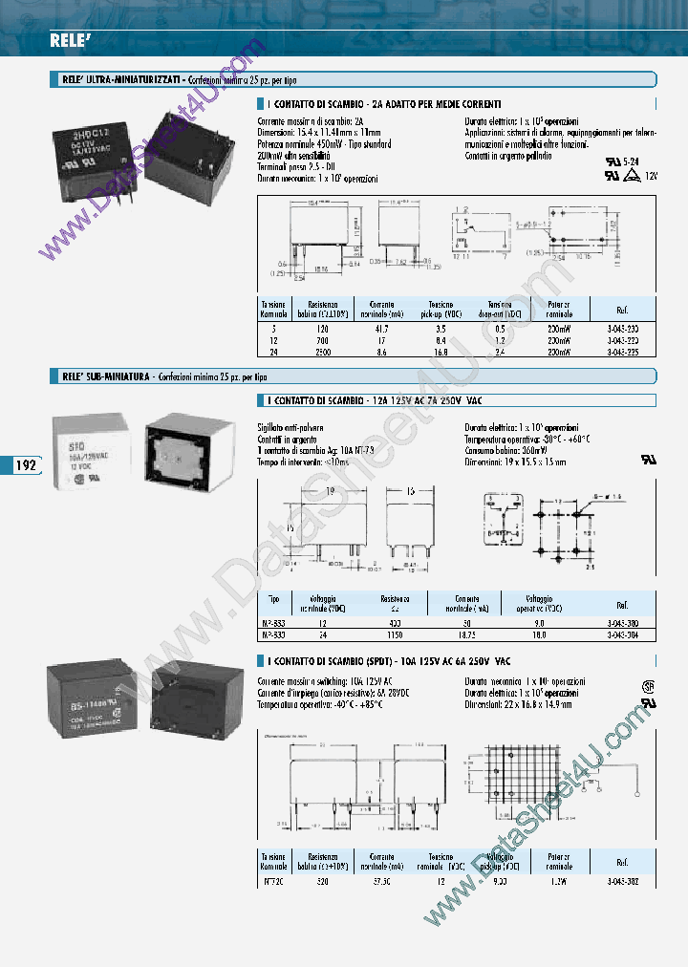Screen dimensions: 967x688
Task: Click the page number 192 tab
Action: [x=26, y=465]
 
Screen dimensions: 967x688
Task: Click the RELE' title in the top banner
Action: [x=69, y=39]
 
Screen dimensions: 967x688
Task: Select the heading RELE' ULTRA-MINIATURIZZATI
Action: [x=116, y=81]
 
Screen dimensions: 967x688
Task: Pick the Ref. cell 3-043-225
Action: [x=622, y=351]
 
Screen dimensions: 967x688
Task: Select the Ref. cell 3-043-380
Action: [x=622, y=621]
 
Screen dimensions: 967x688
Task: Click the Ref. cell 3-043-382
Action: [x=622, y=883]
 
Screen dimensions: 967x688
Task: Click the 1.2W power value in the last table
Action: [x=560, y=883]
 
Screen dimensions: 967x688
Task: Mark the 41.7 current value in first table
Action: [x=382, y=328]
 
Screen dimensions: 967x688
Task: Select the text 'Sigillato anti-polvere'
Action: [x=291, y=425]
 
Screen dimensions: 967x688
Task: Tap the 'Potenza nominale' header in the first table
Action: [x=560, y=309]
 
